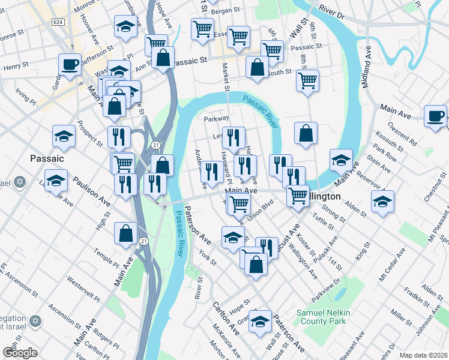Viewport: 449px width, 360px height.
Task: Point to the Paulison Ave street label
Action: tap(92, 190)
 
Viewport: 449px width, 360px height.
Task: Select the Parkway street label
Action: tap(216, 119)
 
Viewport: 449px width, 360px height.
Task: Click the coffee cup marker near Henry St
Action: tap(70, 65)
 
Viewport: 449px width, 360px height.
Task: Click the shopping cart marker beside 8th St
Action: tap(308, 80)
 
